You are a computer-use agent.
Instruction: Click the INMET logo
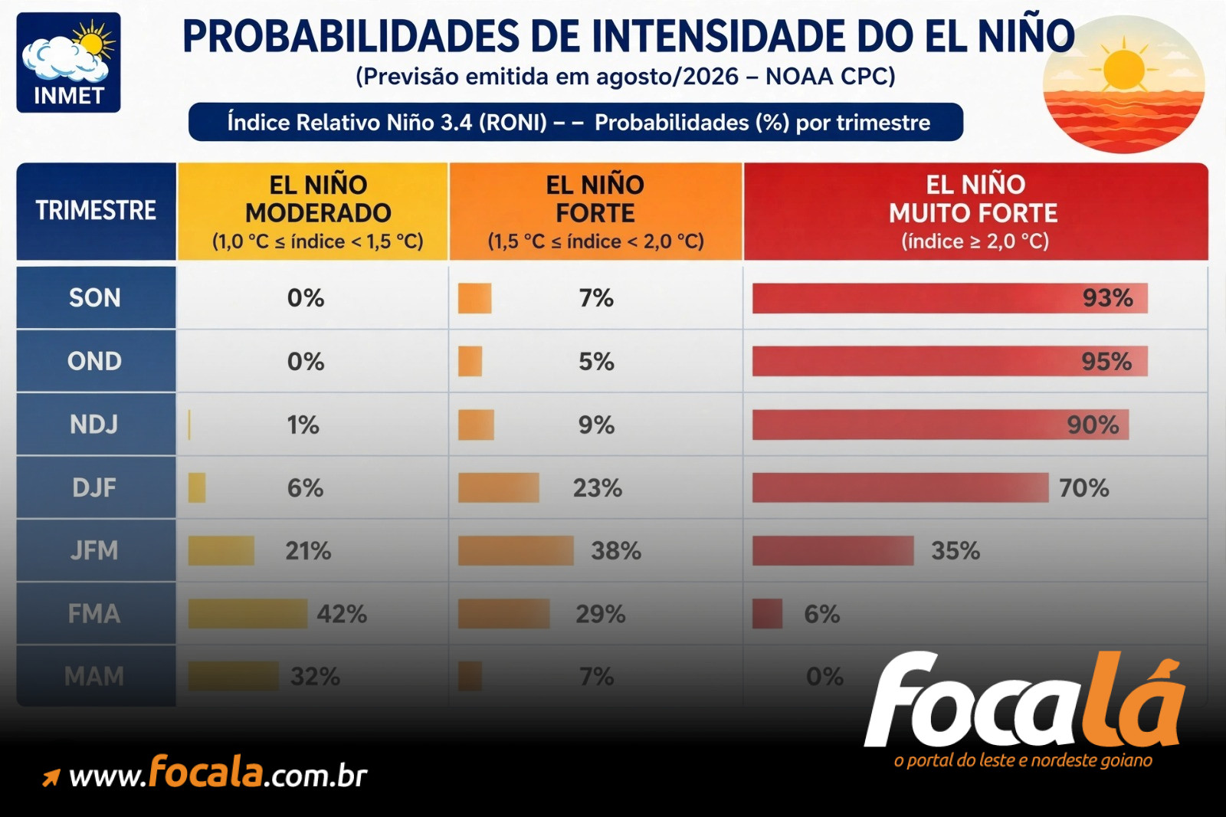point(68,62)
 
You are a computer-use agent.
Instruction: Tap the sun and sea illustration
point(1123,84)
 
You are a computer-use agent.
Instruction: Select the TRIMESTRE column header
point(97,211)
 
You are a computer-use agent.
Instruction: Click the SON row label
point(95,298)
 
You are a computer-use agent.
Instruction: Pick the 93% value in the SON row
point(1107,298)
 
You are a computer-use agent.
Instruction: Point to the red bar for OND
point(949,362)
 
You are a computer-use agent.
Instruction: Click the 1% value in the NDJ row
point(303,425)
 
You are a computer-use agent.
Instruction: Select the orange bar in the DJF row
point(499,488)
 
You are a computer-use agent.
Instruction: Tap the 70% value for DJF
point(1083,488)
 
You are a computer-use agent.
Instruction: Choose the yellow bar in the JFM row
point(221,550)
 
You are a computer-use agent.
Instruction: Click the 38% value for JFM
point(616,551)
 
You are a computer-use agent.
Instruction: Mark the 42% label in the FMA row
point(342,614)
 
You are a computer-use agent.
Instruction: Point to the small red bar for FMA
point(767,614)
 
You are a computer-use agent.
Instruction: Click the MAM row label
point(94,677)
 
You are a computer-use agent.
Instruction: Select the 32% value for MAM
point(315,677)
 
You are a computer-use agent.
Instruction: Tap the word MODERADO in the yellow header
point(318,213)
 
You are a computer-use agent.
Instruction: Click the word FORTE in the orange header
point(595,213)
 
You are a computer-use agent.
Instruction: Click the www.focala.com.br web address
point(218,773)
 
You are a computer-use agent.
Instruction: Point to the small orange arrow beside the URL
point(51,778)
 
